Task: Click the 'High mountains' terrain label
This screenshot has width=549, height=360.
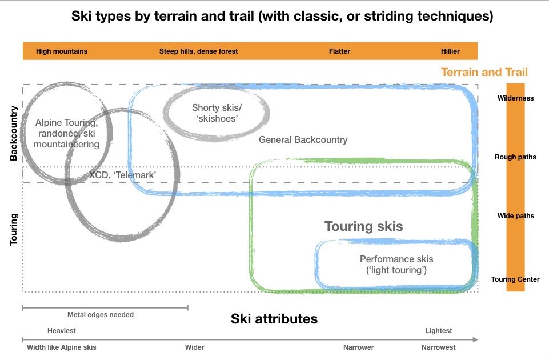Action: pos(62,51)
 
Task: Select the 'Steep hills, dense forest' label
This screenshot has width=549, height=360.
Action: pos(198,51)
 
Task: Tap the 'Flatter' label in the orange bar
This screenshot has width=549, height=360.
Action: pos(339,51)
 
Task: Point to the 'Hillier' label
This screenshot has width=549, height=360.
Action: pos(450,51)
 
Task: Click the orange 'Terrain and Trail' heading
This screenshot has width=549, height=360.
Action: pos(484,72)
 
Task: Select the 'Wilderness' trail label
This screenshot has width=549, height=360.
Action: pos(515,98)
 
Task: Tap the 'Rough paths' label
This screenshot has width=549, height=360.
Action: pos(515,157)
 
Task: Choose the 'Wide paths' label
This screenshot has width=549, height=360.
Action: pos(515,216)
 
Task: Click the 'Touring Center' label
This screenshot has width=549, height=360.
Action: pos(515,279)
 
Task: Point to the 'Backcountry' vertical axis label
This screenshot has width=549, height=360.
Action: pos(14,133)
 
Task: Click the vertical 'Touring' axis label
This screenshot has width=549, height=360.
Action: pos(14,230)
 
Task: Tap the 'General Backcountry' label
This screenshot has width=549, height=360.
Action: pos(303,139)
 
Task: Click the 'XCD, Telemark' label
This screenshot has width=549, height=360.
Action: pos(122,175)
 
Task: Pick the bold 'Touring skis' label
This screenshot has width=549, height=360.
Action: pos(363,226)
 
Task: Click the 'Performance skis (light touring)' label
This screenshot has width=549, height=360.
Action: pos(396,264)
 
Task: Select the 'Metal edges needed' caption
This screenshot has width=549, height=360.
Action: pos(101,315)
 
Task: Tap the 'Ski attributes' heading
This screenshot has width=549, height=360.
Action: pos(274,319)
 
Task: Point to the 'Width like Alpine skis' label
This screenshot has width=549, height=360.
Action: pos(62,347)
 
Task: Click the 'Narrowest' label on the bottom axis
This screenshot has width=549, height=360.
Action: pos(439,347)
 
